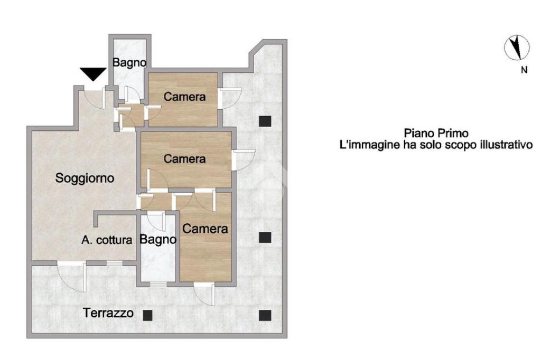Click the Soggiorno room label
tap(85, 178)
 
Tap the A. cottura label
tap(107, 240)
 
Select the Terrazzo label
tap(108, 313)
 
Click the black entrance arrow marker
tap(93, 74)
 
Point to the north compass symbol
tap(517, 48)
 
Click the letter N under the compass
tap(524, 70)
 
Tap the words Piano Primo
tap(436, 133)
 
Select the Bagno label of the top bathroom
tap(129, 63)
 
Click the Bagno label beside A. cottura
tap(157, 239)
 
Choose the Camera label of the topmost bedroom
tap(184, 97)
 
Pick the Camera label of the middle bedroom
tap(184, 158)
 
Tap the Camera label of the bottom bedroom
tap(205, 229)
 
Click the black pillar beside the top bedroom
tap(265, 121)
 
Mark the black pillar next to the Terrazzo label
tap(147, 315)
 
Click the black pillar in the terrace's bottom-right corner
tap(265, 316)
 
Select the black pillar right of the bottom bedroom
tap(265, 238)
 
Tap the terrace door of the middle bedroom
tap(244, 160)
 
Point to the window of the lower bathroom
tap(158, 285)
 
